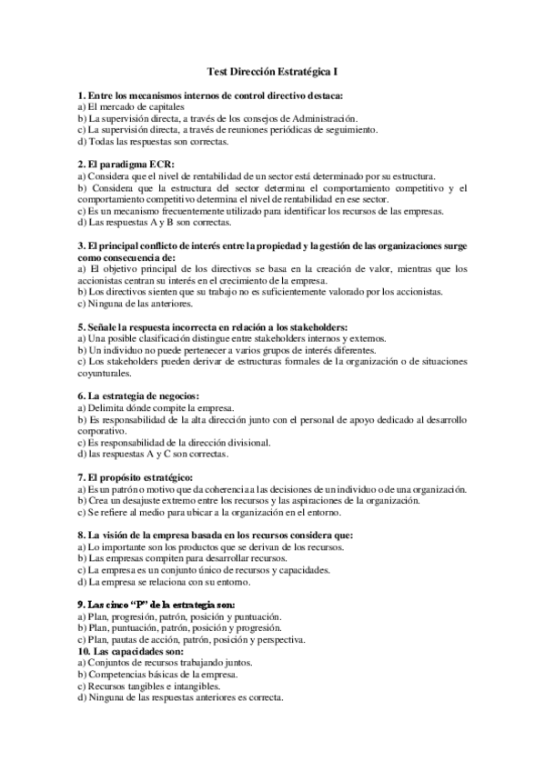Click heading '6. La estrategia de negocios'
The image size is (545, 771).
pos(138,396)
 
